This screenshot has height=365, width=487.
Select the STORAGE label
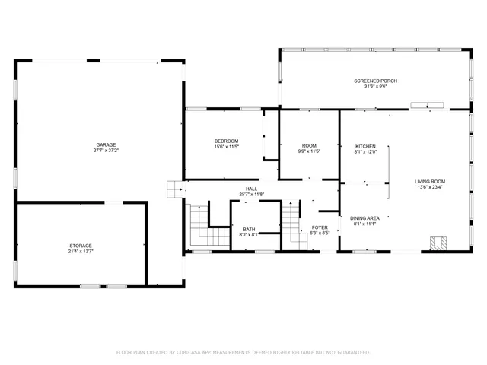click(81, 246)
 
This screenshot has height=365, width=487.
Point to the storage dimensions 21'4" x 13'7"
click(81, 252)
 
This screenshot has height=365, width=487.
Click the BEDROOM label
click(226, 141)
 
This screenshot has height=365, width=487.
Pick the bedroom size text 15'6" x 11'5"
click(226, 147)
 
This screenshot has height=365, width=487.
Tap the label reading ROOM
click(309, 145)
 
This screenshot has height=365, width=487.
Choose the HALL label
click(251, 189)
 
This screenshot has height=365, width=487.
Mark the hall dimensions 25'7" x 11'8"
click(251, 195)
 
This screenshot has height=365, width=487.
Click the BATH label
click(249, 229)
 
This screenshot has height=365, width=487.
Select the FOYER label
click(320, 227)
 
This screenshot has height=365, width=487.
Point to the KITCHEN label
click(365, 146)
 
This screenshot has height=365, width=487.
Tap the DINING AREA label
click(364, 217)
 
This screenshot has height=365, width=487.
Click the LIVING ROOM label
click(430, 181)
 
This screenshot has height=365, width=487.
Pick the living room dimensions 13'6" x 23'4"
click(430, 187)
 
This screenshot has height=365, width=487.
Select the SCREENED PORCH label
click(375, 81)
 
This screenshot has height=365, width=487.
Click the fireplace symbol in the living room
click(438, 243)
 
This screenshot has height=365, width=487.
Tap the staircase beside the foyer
click(292, 225)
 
